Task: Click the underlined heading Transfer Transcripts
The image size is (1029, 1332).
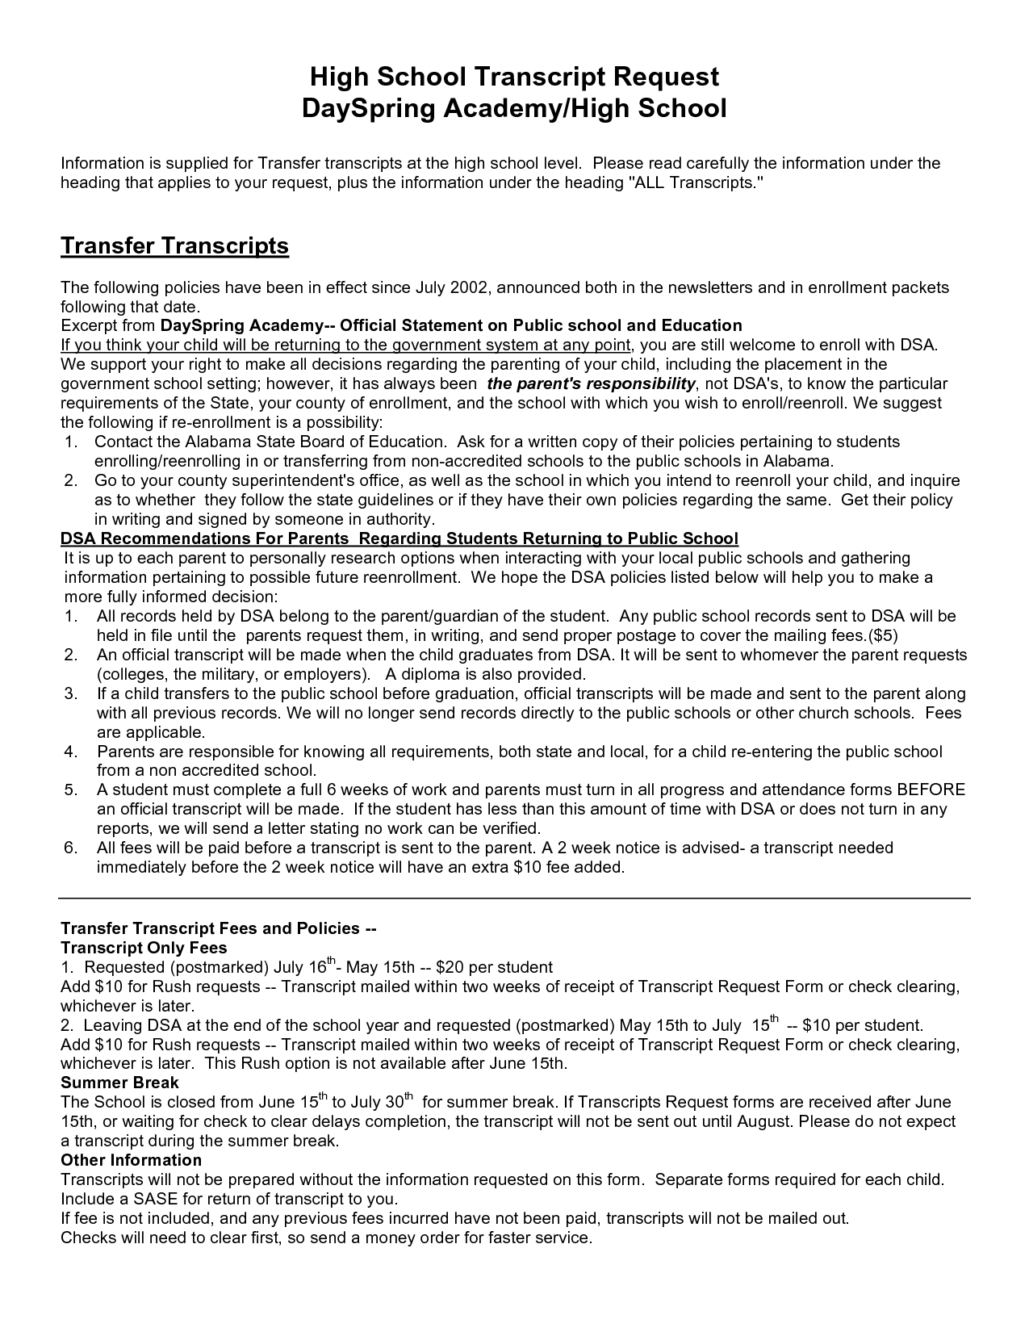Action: point(174,245)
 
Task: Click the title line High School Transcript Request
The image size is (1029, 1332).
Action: point(514,77)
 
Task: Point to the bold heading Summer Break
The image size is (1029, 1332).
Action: point(119,1083)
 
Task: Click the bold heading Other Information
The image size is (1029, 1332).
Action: point(131,1160)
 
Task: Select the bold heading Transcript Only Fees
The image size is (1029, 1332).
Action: point(144,948)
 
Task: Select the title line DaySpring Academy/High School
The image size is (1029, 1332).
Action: point(514,108)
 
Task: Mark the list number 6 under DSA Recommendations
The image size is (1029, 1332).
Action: point(70,848)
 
